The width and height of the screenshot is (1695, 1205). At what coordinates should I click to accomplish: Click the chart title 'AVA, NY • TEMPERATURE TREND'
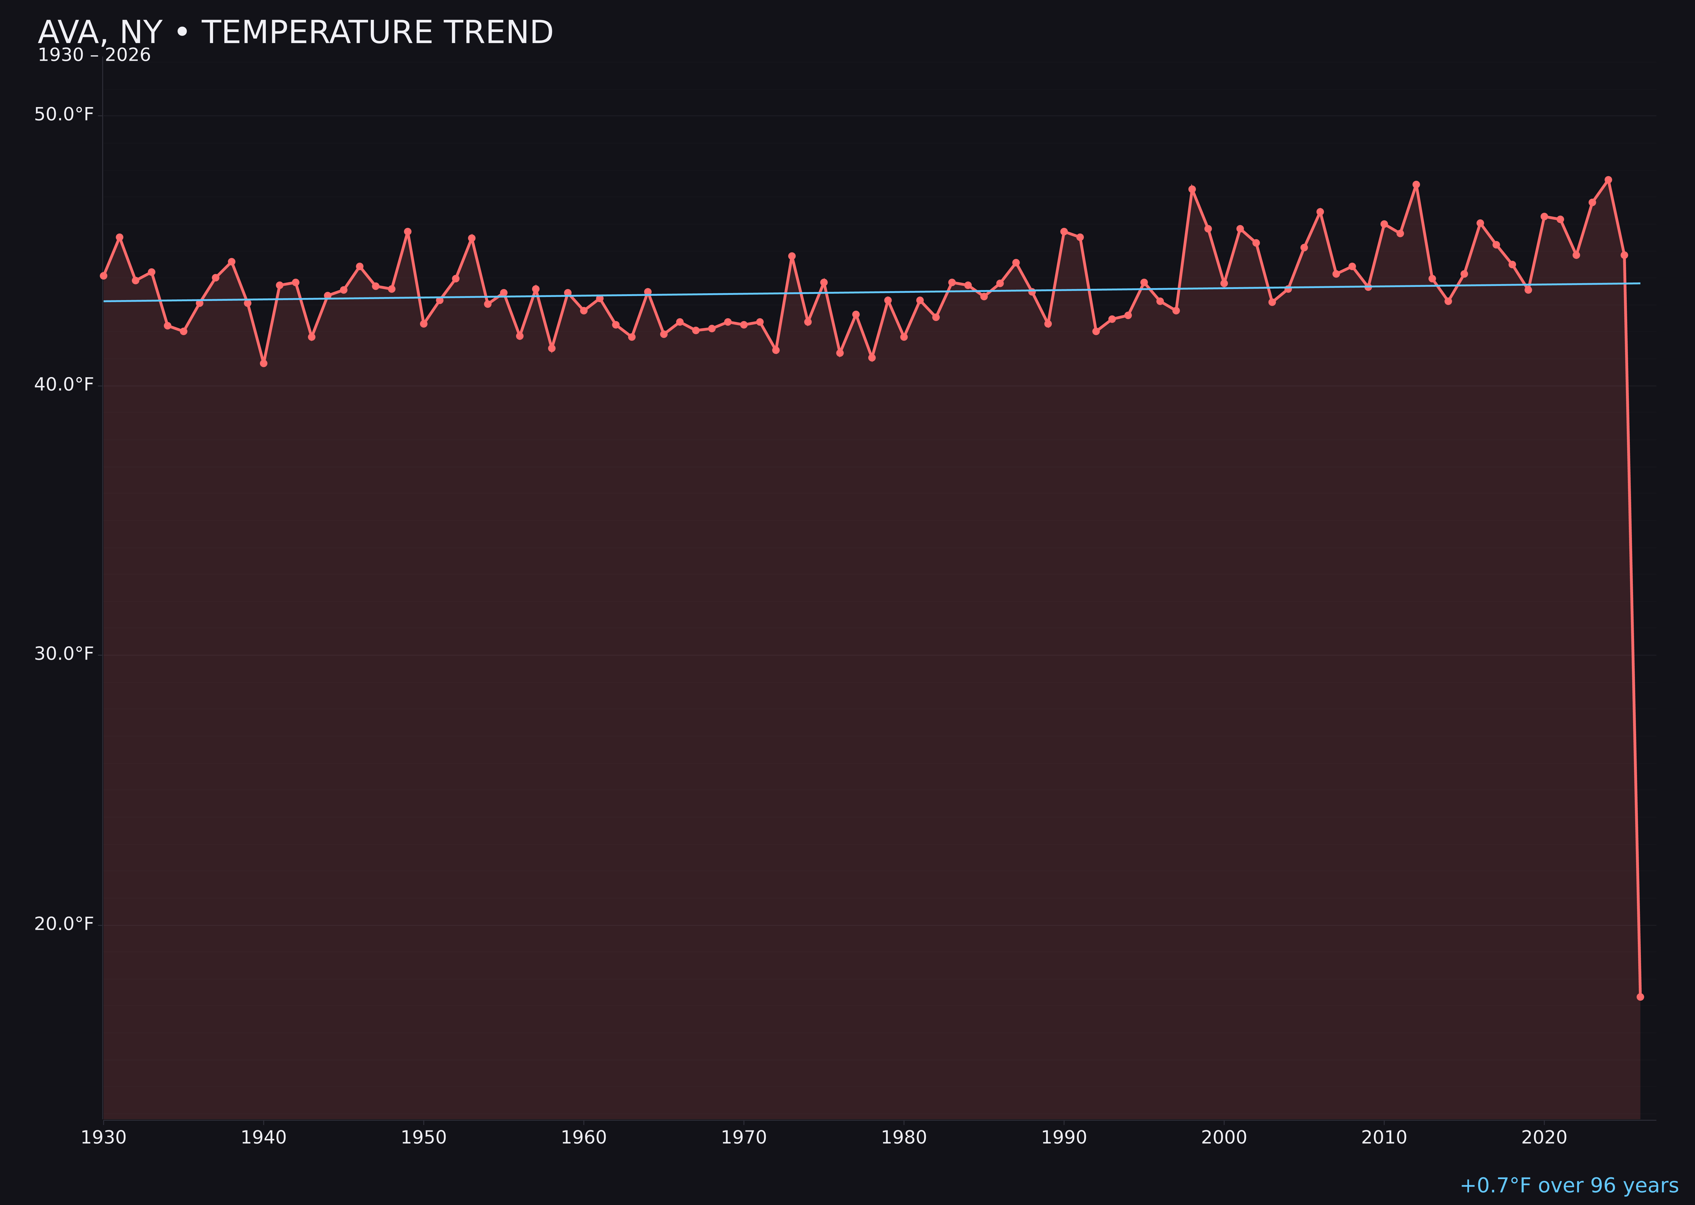coord(295,33)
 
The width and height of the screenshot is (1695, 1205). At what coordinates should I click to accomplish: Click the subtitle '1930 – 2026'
coord(94,56)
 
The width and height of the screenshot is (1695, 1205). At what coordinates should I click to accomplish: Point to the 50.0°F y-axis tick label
coord(64,114)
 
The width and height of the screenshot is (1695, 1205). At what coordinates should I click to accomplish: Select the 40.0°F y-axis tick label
coord(64,384)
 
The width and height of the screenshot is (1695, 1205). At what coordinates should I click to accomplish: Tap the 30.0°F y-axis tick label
coord(64,654)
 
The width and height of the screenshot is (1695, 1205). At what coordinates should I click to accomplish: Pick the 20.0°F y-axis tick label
coord(64,924)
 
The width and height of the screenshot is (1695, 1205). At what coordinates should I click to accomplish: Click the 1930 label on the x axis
coord(103,1138)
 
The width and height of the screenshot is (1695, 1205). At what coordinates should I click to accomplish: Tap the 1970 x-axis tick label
coord(744,1138)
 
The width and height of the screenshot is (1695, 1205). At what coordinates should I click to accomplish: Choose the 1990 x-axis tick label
coord(1064,1138)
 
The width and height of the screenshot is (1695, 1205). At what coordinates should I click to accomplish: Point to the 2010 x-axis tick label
coord(1384,1138)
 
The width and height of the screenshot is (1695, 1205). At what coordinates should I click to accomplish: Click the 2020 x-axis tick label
coord(1544,1138)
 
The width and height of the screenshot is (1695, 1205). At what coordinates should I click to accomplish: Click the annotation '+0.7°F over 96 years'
coord(1569,1186)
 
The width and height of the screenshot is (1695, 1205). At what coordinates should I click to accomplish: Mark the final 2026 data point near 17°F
coord(1640,997)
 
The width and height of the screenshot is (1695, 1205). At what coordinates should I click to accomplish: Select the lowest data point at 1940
coord(264,363)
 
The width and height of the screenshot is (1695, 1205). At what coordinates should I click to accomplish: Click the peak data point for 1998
coord(1192,189)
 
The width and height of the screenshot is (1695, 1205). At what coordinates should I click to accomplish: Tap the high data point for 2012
coord(1416,185)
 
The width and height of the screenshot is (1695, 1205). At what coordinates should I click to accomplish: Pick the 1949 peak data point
coord(407,231)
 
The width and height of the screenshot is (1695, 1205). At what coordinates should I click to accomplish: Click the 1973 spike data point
coord(792,256)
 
